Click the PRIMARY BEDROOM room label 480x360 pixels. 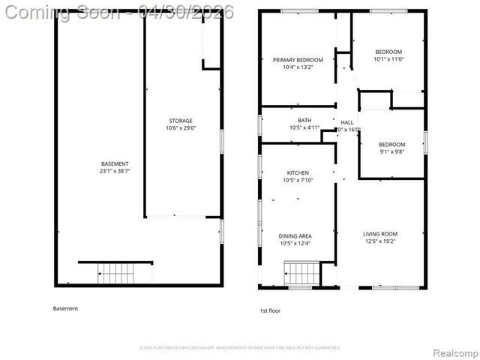pos(298,60)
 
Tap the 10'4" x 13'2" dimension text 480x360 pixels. pos(298,67)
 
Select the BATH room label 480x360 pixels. pos(304,120)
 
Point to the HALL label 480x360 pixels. pos(347,122)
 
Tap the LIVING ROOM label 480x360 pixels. pos(380,234)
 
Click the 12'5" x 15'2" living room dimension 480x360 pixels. pos(380,241)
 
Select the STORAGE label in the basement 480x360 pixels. pos(180,121)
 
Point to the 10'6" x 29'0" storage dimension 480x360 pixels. pos(180,128)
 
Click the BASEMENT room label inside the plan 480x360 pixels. pos(115,163)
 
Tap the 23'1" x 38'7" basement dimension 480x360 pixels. pos(115,171)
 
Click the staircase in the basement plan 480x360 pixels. pos(115,274)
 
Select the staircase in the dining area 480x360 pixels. pos(301,274)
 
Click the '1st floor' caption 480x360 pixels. pos(270,310)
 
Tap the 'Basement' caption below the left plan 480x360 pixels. pos(65,308)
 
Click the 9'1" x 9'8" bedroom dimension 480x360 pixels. pos(391,152)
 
